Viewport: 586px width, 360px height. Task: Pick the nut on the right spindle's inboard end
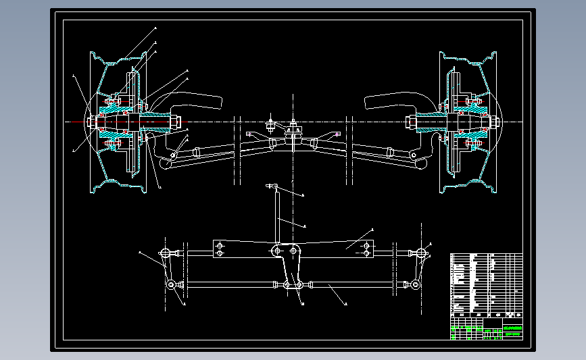410,122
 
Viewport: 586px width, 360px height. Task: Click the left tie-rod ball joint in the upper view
174,155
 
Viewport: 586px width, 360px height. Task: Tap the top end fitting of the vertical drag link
272,186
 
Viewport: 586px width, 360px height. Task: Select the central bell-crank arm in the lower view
292,267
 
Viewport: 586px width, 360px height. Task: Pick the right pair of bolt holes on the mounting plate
366,249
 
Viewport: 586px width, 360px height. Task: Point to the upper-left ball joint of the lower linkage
166,253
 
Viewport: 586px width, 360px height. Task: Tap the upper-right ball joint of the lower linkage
421,253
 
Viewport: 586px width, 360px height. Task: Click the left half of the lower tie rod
230,285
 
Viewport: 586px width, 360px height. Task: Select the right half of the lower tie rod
351,285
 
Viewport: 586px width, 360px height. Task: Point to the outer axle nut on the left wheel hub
91,122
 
